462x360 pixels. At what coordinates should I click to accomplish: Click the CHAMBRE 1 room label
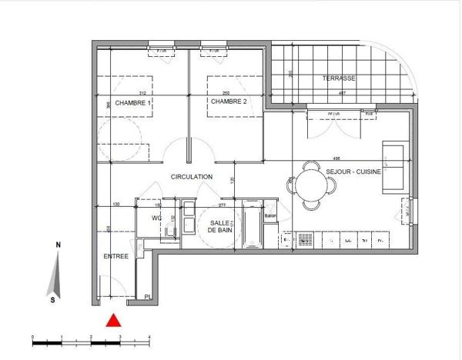(x=133, y=102)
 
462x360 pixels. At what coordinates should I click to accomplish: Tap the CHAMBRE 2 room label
(x=229, y=102)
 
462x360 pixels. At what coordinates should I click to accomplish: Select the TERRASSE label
(x=339, y=79)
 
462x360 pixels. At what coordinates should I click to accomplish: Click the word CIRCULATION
(x=192, y=177)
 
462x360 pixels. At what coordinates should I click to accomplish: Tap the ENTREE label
(x=117, y=256)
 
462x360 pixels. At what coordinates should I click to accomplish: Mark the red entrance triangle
(x=113, y=320)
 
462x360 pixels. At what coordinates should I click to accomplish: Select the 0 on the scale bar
(x=32, y=338)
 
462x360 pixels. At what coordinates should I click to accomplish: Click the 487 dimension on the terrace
(x=341, y=93)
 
